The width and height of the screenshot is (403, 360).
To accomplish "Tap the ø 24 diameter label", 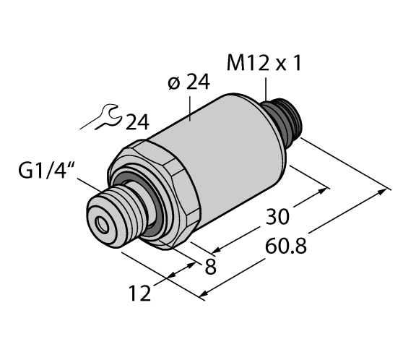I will (x=188, y=84).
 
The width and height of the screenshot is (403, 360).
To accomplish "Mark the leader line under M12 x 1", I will (x=266, y=90).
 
